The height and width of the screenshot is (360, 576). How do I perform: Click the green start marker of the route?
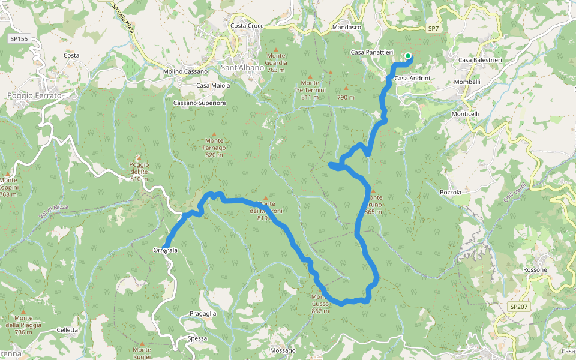[408, 57]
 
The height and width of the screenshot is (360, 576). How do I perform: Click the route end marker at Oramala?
[165, 251]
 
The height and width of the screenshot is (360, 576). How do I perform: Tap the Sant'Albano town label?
[242, 68]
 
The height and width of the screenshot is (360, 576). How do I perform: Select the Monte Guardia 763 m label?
[276, 62]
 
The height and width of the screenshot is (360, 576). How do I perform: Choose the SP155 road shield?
[19, 38]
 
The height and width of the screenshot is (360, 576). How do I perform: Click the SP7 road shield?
[434, 29]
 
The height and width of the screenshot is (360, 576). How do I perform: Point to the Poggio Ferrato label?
[34, 95]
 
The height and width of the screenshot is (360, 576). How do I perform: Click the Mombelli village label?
[467, 82]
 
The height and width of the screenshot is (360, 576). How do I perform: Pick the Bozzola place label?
[450, 193]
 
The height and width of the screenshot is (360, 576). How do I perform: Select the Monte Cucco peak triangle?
[320, 290]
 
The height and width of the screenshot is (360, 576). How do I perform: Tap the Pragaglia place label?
[202, 314]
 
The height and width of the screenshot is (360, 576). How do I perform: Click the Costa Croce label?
[247, 26]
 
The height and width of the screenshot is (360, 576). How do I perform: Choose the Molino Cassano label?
[185, 71]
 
